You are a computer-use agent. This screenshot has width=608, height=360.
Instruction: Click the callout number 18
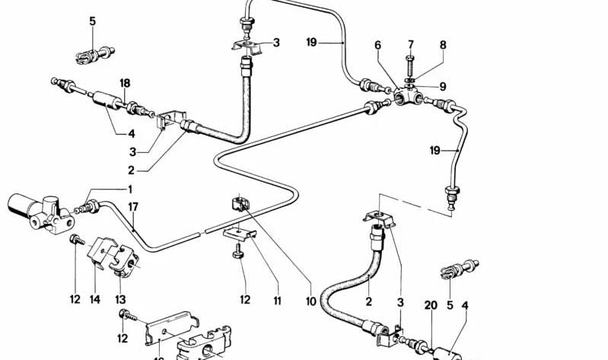point(125,82)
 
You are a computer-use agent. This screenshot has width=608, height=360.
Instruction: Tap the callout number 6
point(377,46)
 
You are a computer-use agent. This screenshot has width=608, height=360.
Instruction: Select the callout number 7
point(410,44)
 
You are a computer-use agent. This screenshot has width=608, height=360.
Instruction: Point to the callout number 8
point(443,46)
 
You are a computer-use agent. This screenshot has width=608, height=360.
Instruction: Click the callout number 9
point(443,87)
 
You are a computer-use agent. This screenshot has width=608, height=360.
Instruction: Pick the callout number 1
point(129,189)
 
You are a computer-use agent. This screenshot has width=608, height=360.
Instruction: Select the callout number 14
point(95,300)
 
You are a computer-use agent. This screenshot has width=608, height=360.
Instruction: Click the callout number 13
point(120,300)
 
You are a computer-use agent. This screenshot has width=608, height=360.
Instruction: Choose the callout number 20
point(431,305)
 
